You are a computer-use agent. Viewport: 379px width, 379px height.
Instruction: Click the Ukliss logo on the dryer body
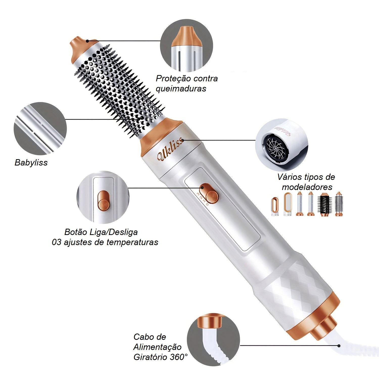click(170, 151)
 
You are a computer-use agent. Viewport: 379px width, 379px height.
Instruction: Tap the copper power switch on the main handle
click(209, 194)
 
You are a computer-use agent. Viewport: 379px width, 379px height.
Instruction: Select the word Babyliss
click(31, 162)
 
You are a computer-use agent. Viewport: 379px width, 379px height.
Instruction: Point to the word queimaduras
click(181, 89)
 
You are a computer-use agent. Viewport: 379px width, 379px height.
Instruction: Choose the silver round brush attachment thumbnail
click(339, 204)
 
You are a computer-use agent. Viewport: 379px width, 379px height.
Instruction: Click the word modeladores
click(307, 187)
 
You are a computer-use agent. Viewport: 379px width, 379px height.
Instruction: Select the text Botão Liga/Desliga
click(101, 232)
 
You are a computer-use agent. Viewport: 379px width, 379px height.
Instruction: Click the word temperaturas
click(132, 242)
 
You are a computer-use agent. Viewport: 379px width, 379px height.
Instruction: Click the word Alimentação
click(157, 347)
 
